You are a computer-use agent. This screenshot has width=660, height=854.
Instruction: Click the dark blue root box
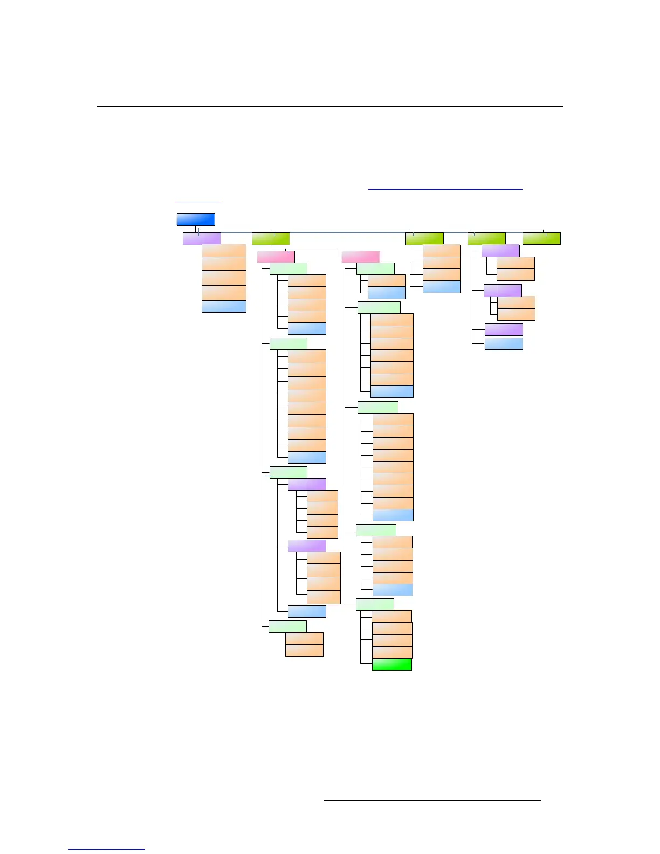coord(196,219)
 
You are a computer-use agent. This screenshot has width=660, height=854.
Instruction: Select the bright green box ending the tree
coord(391,665)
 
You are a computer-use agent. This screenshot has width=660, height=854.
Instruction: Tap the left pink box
coord(276,257)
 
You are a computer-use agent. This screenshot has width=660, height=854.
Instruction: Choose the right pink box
coord(361,257)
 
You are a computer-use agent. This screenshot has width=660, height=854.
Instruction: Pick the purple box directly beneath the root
coord(202,238)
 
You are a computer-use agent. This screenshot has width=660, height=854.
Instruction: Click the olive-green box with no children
coord(541,238)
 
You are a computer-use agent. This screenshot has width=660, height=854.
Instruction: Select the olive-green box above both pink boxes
coord(271,238)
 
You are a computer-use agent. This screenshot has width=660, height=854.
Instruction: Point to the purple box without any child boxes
coord(504,329)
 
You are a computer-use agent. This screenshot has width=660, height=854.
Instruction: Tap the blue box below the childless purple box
coord(504,343)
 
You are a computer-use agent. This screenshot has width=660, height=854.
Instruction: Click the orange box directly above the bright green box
coord(391,652)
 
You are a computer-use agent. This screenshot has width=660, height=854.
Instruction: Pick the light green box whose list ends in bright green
coord(375,604)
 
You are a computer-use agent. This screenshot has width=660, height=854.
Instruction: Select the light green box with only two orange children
coord(287,626)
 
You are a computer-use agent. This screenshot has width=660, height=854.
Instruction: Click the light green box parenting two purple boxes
coord(288,472)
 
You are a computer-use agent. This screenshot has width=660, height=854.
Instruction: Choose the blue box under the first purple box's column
coord(224,306)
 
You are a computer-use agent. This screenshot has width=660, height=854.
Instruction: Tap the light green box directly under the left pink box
coord(288,268)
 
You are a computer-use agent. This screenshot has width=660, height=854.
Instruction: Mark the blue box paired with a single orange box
coord(387,293)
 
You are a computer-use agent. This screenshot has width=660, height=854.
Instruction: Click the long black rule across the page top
coord(329,107)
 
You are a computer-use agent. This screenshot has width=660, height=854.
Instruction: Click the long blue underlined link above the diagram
coord(445,189)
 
